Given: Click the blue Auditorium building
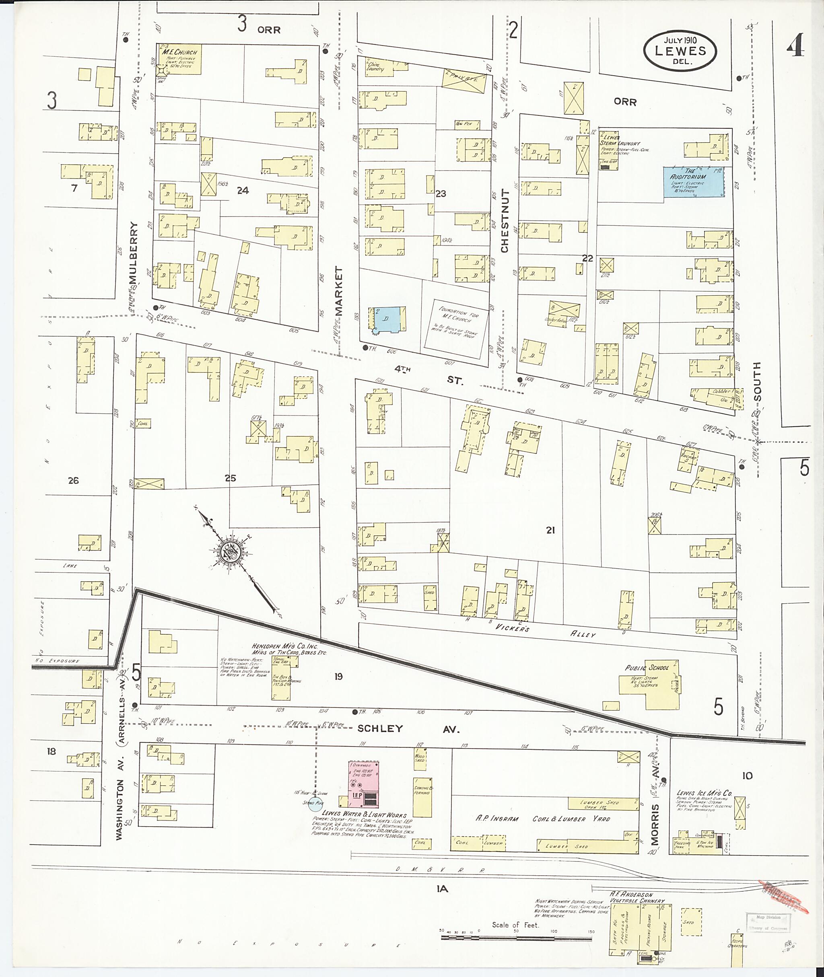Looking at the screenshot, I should [x=694, y=182].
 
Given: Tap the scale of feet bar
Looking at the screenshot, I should [x=516, y=936].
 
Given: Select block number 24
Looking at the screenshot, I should [x=243, y=189].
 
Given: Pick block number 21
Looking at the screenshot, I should [x=550, y=530].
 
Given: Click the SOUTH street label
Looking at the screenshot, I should [x=757, y=382].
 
